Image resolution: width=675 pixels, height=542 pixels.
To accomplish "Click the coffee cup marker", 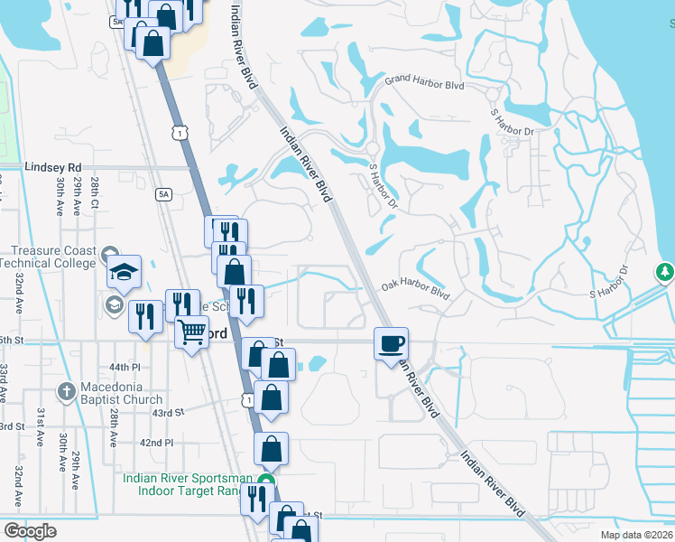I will click(391, 343).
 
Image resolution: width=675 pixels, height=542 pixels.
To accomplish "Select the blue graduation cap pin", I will click(125, 271).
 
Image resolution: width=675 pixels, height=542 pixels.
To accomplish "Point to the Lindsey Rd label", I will click(53, 168).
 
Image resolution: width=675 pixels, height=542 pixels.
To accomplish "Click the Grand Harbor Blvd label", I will click(423, 83).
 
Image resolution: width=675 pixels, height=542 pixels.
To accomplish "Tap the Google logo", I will click(30, 530).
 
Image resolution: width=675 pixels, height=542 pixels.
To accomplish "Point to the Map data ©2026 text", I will click(635, 535).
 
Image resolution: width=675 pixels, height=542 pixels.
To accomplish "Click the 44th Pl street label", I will click(125, 369).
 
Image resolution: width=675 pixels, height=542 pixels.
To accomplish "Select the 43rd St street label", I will click(168, 412).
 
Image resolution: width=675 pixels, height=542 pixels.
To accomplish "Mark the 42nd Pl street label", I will click(156, 443).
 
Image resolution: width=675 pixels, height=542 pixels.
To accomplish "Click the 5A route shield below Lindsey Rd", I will click(163, 193).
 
